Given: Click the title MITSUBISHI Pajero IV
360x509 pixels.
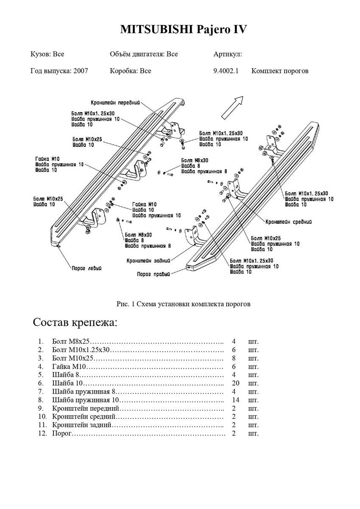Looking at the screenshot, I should pos(183,30).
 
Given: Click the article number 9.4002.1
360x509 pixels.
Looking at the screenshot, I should pos(226,71).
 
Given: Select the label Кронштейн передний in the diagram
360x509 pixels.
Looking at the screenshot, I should pos(115,103).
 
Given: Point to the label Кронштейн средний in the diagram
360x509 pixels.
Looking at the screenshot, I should pos(289,221).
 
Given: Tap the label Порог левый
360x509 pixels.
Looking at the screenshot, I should pos(86,268).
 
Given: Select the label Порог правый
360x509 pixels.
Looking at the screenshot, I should pos(153,274).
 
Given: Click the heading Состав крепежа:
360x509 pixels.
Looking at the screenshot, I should pos(75,322).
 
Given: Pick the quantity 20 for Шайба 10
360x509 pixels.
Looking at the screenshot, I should pos(236,383).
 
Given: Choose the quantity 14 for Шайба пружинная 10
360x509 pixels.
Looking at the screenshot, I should pos(236,400).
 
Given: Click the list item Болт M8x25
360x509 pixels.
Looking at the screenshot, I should pos(71,341).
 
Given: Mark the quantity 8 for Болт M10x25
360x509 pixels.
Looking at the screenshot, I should pos(234,358).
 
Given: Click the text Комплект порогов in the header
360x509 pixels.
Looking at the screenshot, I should pos(280,71).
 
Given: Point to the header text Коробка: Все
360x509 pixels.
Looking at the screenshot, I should pos(130,71).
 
